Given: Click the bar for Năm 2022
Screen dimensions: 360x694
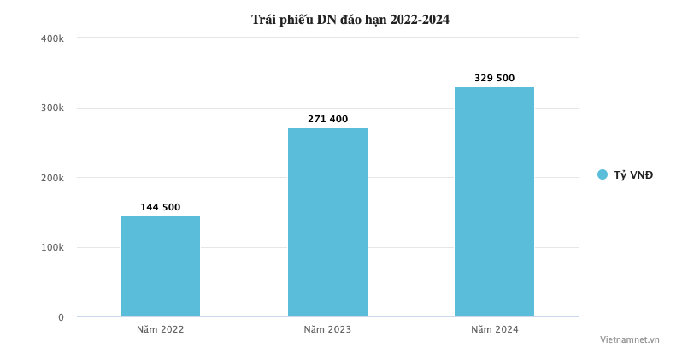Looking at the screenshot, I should (x=160, y=266).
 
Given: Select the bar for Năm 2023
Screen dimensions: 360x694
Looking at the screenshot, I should (x=327, y=222).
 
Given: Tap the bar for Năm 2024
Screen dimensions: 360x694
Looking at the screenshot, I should (x=494, y=202).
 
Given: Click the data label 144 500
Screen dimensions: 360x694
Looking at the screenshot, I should (x=160, y=207).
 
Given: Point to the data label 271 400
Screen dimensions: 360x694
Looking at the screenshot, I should (x=327, y=119).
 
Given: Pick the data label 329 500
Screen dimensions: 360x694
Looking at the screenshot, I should (x=494, y=78).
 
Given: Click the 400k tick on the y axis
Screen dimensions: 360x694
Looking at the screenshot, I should (x=52, y=38).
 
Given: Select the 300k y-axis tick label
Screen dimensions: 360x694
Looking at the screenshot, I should (x=52, y=109).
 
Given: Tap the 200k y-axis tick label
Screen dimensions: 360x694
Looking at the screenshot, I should (x=52, y=178).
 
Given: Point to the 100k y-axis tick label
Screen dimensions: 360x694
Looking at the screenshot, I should (x=52, y=248).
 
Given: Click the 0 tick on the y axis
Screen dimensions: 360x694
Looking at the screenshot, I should (x=61, y=317).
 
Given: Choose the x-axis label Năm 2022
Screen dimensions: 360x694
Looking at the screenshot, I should (x=160, y=329).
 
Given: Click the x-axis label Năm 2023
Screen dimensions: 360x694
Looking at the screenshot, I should (x=327, y=329).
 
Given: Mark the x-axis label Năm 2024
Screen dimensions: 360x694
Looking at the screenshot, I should (x=494, y=329).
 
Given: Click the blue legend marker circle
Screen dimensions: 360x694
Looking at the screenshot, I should (x=603, y=174).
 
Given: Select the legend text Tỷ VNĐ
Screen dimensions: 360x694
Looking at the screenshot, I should (x=633, y=175).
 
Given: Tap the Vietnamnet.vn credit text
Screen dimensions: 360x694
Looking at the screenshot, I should (x=629, y=339).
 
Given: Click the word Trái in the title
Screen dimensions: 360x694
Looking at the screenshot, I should (x=264, y=20).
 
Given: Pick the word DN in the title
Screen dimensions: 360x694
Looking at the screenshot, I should (x=327, y=20).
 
